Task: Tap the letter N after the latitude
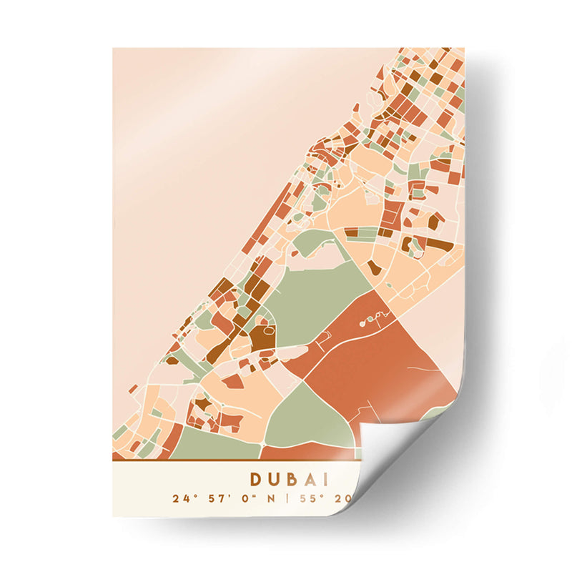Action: (271, 498)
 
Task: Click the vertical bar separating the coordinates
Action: (287, 498)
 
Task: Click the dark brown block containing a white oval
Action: (263, 335)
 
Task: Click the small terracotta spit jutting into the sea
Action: (133, 389)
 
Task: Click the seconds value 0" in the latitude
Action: (245, 498)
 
